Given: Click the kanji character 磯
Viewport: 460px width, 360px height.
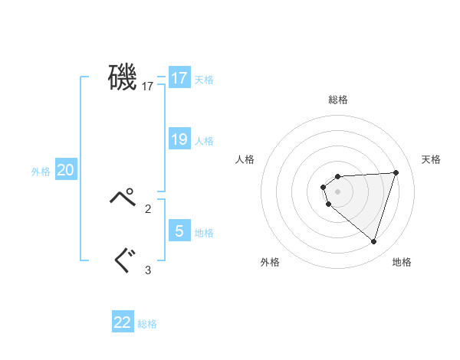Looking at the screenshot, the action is click(x=123, y=78).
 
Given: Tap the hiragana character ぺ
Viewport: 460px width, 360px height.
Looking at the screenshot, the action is click(x=123, y=198).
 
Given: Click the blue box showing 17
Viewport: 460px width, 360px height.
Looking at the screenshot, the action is click(x=179, y=78).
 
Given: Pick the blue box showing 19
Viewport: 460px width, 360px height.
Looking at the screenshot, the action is click(x=179, y=139).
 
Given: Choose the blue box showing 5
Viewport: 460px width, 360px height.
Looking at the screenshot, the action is click(x=179, y=231).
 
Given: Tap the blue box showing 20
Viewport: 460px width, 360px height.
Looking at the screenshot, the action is click(x=66, y=170).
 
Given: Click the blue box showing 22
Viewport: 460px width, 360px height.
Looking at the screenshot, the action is click(x=123, y=322).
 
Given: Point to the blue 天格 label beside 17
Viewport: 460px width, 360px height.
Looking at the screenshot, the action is click(x=204, y=80).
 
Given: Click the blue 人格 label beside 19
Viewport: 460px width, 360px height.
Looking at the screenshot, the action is click(x=204, y=141).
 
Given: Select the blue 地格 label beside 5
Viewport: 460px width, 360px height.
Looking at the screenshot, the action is click(x=204, y=233).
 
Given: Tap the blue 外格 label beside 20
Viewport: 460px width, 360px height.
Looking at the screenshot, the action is click(x=41, y=172).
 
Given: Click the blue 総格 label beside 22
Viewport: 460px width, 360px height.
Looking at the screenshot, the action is click(x=147, y=324).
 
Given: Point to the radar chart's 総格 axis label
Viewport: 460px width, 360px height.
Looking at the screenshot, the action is click(x=338, y=100).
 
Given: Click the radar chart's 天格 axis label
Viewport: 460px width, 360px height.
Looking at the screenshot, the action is click(x=431, y=159).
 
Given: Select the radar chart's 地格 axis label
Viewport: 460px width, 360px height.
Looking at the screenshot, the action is click(x=402, y=262).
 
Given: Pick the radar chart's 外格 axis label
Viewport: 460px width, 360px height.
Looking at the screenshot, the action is click(x=270, y=262).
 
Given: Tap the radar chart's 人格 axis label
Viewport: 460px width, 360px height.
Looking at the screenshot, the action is click(x=245, y=159).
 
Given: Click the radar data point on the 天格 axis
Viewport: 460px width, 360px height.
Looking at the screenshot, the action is click(x=396, y=172).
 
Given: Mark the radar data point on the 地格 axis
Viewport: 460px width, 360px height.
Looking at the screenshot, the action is click(x=373, y=241).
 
